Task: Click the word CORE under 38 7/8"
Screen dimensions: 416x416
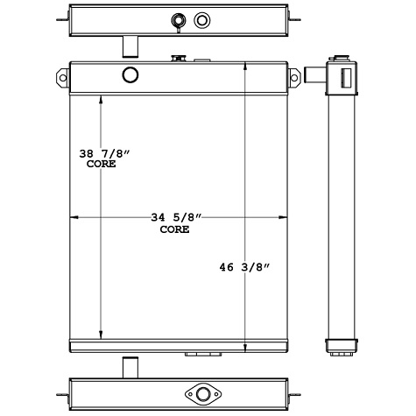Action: point(101,164)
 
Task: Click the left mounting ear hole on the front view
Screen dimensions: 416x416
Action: point(62,76)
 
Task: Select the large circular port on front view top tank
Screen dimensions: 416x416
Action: point(130,74)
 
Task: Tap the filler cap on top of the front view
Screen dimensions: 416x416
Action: point(178,60)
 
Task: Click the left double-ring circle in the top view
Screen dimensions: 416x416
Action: point(180,19)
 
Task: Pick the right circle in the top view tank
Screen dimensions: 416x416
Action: point(203,19)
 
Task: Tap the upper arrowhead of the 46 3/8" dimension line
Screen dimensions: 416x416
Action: point(244,68)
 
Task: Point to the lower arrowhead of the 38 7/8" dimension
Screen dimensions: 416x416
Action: point(102,334)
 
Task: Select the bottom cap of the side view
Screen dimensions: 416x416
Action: point(342,345)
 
